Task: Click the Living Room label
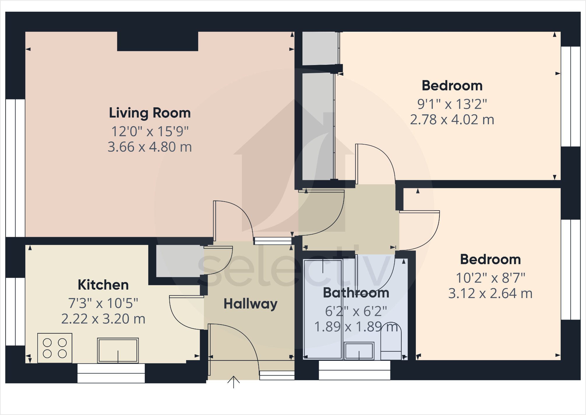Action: (x=150, y=113)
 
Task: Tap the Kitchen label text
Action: (x=103, y=285)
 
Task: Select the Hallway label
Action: (x=250, y=304)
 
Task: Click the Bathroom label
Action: (x=356, y=293)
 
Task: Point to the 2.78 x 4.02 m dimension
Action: (x=452, y=120)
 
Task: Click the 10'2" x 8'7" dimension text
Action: (x=490, y=278)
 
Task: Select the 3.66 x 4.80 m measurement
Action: (x=150, y=147)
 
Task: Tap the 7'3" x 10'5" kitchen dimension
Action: (x=103, y=303)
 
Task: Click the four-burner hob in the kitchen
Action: (x=55, y=348)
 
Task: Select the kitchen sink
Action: (x=118, y=350)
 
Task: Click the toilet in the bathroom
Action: (x=391, y=341)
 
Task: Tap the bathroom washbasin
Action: (x=359, y=351)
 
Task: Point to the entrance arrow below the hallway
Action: (x=233, y=382)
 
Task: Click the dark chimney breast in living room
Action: (x=158, y=41)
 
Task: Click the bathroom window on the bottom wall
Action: (x=354, y=370)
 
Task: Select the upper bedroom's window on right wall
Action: (x=571, y=96)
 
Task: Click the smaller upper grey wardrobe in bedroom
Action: (x=320, y=48)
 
